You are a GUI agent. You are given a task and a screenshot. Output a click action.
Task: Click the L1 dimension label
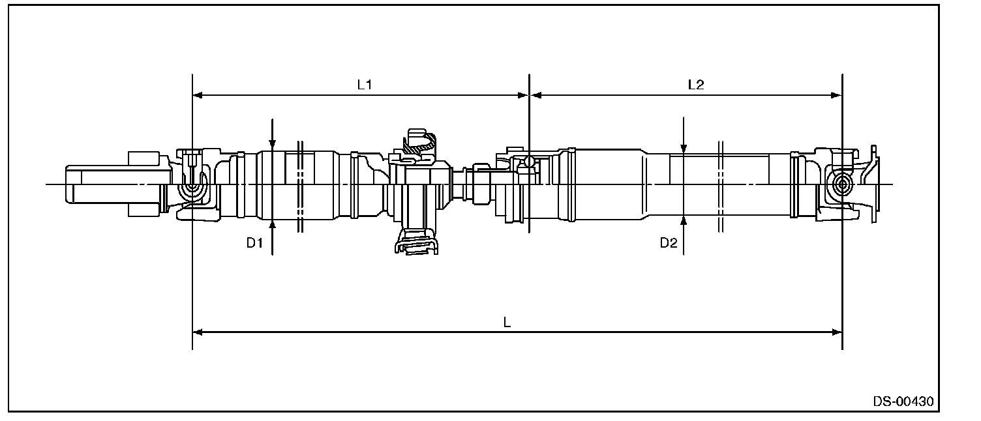[364, 85]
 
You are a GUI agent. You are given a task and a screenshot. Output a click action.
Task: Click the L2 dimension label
[696, 85]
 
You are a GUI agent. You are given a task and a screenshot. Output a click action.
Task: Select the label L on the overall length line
[507, 323]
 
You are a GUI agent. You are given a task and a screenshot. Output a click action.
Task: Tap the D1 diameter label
[254, 243]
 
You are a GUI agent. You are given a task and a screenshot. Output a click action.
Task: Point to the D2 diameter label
[669, 243]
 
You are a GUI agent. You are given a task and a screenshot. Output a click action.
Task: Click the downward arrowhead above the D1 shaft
[273, 145]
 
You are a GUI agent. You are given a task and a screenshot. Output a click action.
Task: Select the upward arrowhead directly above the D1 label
[273, 226]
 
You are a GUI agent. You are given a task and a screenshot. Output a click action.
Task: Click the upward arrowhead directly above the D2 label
[683, 221]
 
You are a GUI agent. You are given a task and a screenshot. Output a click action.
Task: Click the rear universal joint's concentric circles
[841, 184]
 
